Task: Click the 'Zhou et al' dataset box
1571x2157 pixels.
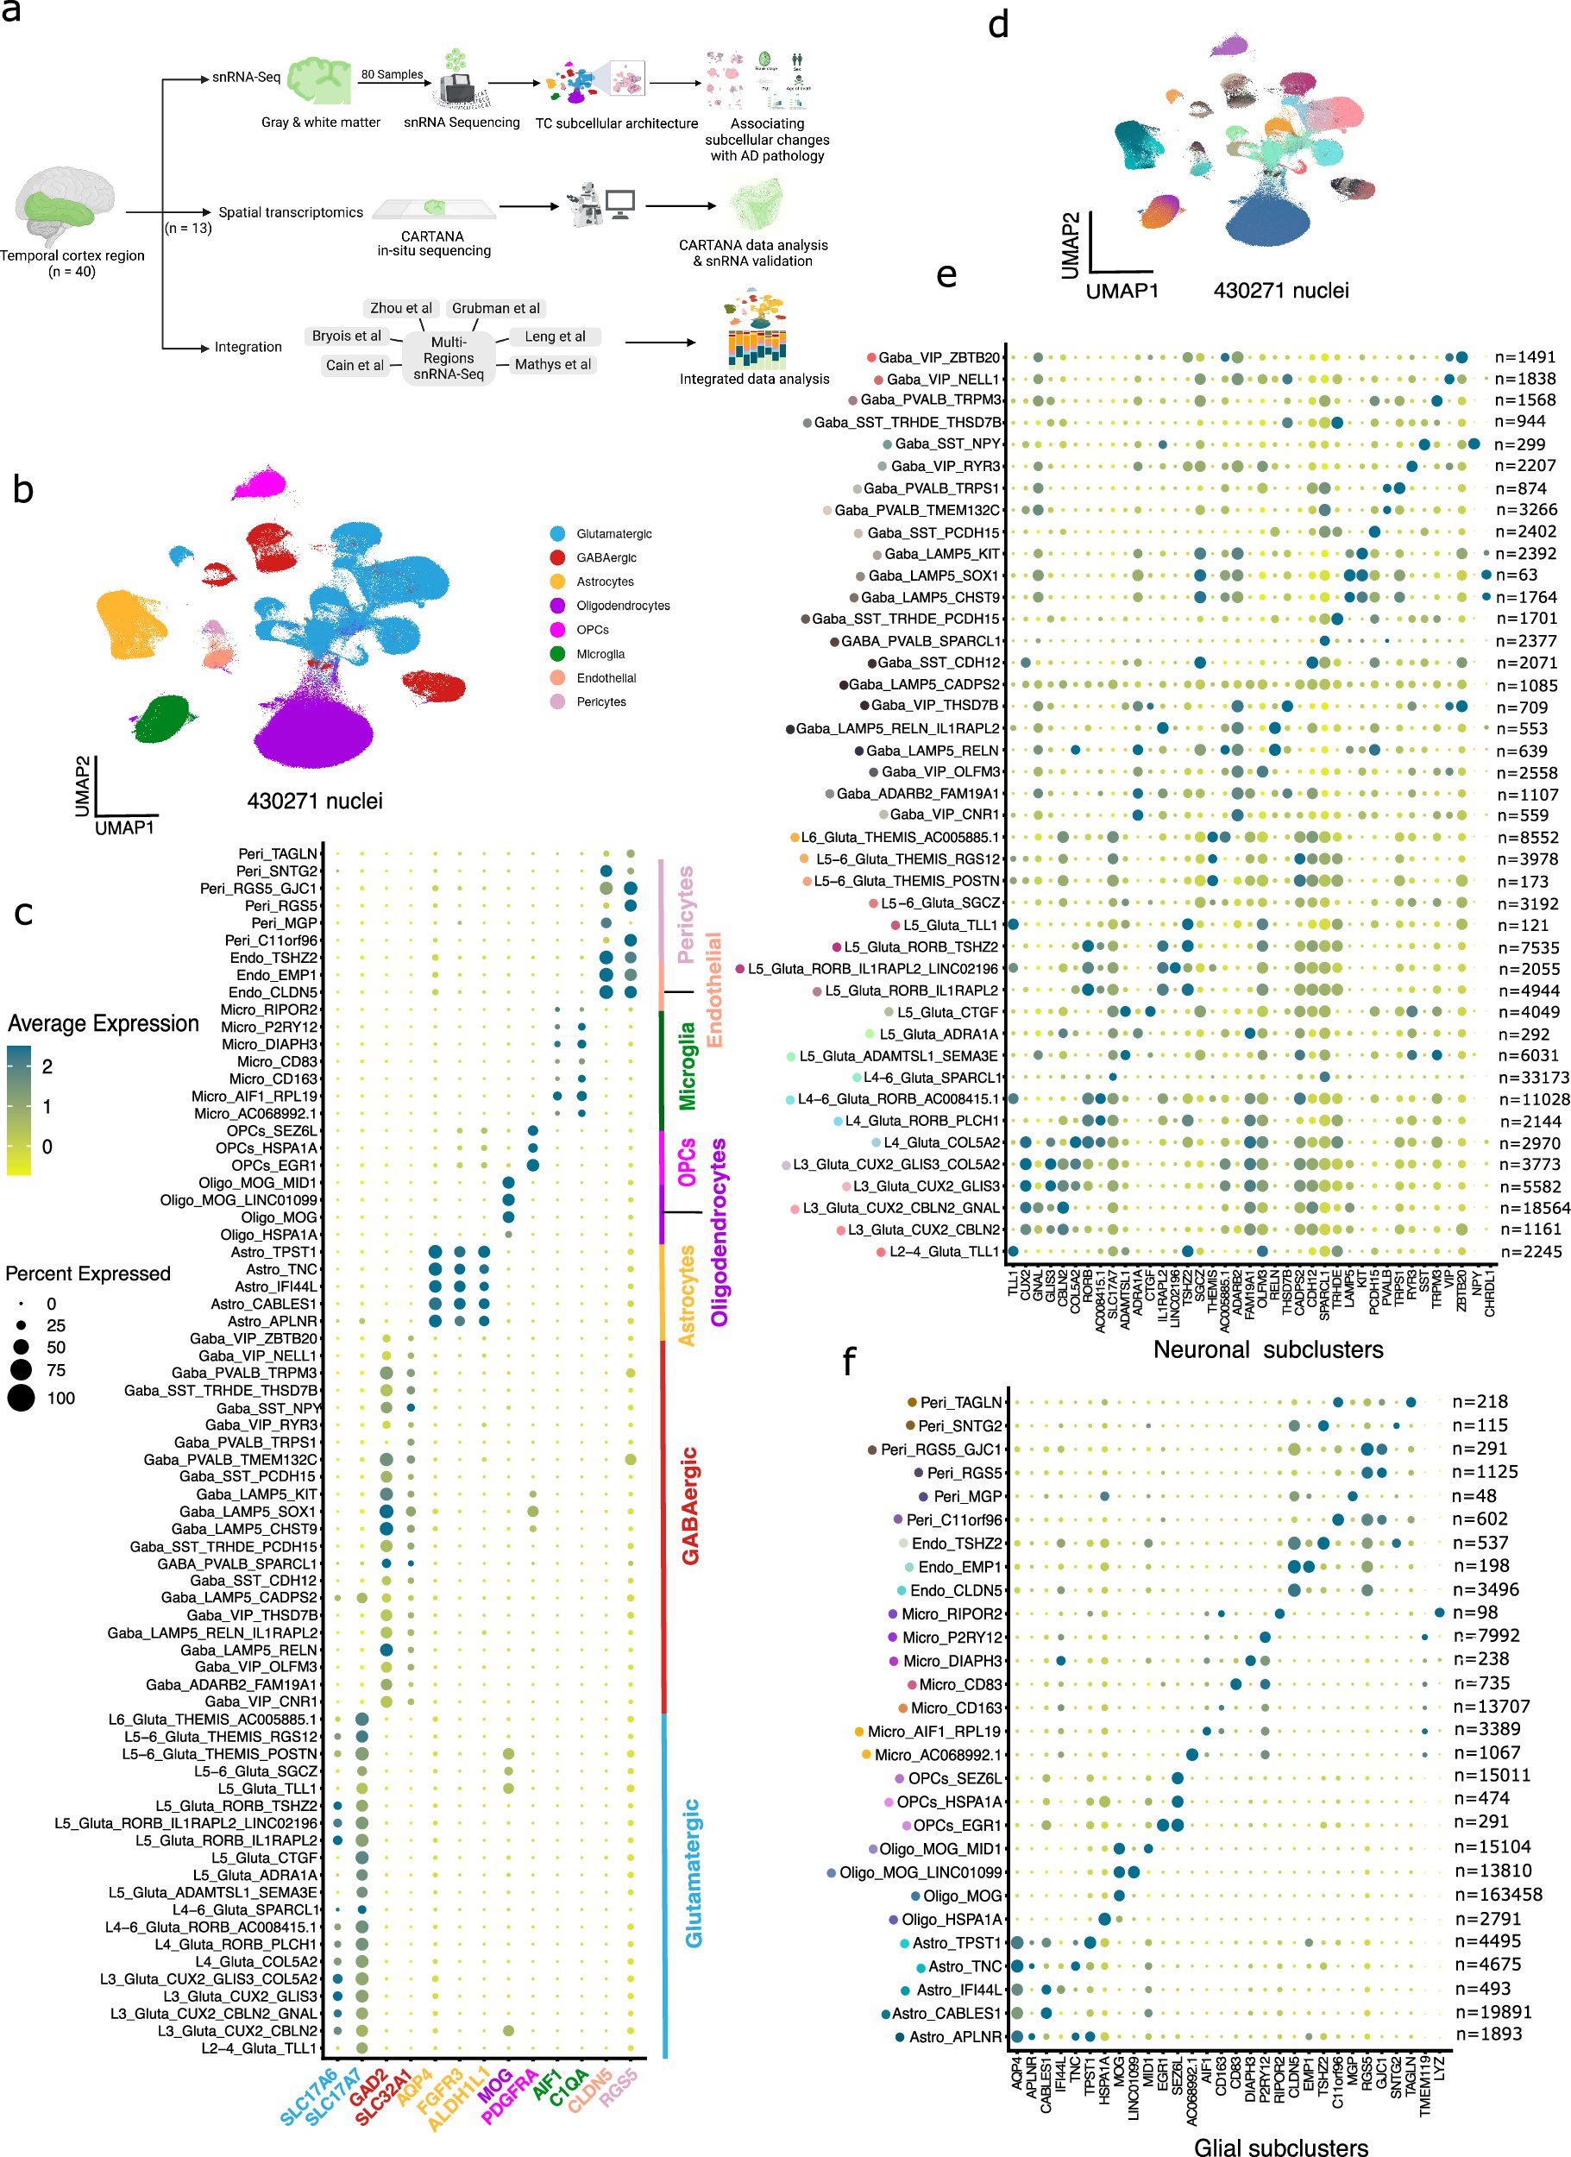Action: click(x=400, y=308)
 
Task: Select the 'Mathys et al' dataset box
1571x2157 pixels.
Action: click(x=551, y=364)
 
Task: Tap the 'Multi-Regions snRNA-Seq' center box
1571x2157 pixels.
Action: click(x=448, y=357)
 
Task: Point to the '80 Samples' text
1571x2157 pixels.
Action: click(x=392, y=74)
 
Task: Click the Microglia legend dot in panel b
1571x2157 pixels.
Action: click(x=557, y=653)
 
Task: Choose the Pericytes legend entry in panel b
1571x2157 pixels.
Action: click(x=600, y=701)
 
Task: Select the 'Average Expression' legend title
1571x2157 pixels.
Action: click(x=103, y=1023)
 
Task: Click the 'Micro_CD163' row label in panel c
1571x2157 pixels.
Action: click(x=273, y=1078)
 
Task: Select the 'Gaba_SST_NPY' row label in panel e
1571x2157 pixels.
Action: click(x=946, y=443)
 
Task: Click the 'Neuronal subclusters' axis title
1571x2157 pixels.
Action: click(x=1267, y=1349)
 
